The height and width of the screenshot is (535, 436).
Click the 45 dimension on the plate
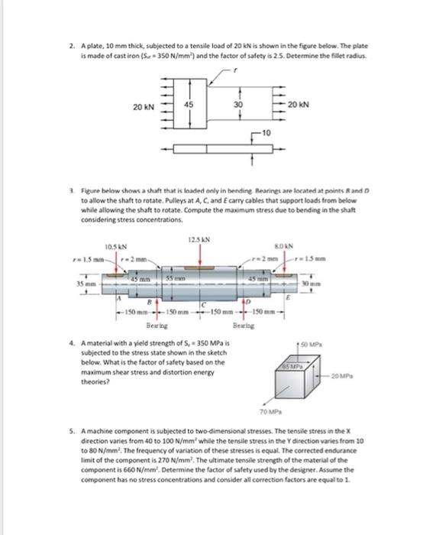pos(188,105)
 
